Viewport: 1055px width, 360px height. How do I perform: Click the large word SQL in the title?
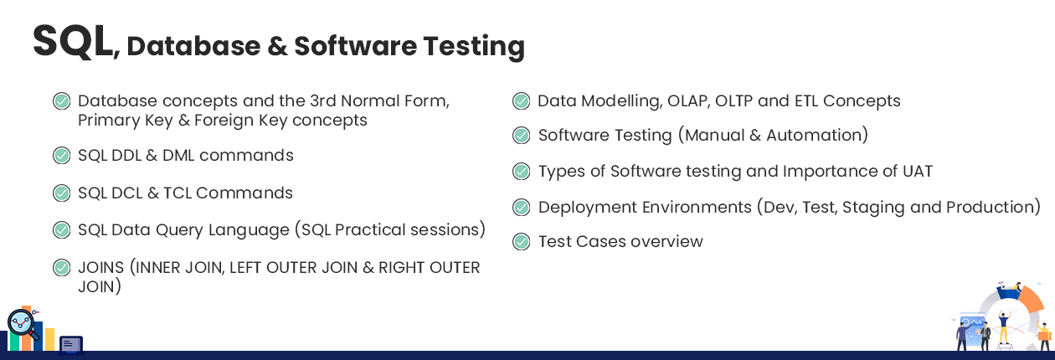point(73,42)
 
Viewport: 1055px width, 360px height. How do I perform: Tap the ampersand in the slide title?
point(277,46)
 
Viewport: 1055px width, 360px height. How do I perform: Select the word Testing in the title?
point(474,47)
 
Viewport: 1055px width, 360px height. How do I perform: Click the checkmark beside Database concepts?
point(61,100)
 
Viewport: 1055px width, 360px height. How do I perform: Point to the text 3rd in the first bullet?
point(322,100)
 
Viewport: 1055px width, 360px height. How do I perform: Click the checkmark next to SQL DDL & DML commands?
point(61,156)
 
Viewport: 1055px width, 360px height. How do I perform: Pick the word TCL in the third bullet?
point(178,193)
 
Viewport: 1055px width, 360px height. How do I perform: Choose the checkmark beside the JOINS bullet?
point(61,268)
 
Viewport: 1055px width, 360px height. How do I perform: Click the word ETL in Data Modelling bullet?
point(805,100)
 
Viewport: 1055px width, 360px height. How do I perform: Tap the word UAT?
point(918,171)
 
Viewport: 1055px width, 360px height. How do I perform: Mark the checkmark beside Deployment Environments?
point(521,208)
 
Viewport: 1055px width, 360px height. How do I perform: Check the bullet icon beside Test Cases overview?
point(521,242)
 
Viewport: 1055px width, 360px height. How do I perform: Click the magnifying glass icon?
point(22,324)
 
